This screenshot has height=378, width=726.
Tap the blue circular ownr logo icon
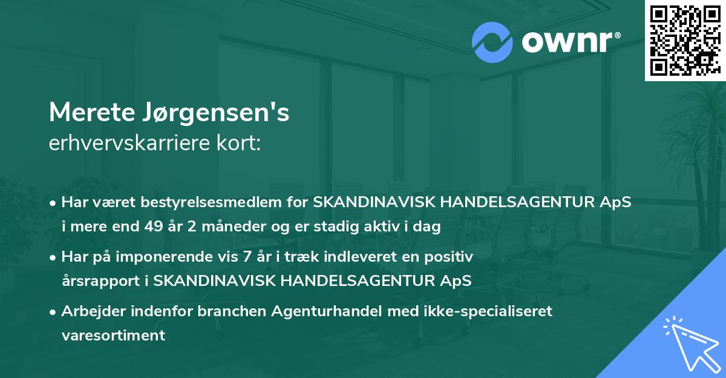pos(491,42)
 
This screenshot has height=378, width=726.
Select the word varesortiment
pos(113,335)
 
